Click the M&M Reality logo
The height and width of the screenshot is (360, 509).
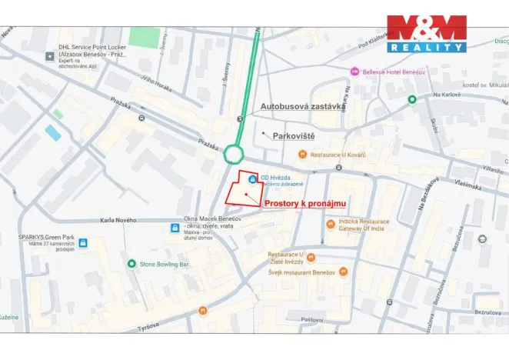coord(426,33)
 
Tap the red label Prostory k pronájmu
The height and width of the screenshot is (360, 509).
coord(305,203)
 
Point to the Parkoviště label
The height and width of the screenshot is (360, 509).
coord(294,135)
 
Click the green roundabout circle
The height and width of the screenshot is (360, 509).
coord(234,155)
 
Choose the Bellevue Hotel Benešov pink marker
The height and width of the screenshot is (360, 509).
coord(354,72)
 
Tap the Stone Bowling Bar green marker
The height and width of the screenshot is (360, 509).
coord(131,264)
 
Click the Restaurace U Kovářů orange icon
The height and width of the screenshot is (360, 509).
coord(303,155)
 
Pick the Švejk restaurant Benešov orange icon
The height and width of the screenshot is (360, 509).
coord(343,272)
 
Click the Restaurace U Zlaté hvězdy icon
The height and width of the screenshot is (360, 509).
coord(311,258)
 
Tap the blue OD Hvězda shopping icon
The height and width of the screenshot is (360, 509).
coord(252,178)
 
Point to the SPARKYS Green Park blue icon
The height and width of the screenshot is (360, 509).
coord(83,243)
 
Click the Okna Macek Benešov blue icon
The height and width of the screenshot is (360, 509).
coord(175,228)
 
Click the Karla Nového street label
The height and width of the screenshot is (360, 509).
coord(118,221)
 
